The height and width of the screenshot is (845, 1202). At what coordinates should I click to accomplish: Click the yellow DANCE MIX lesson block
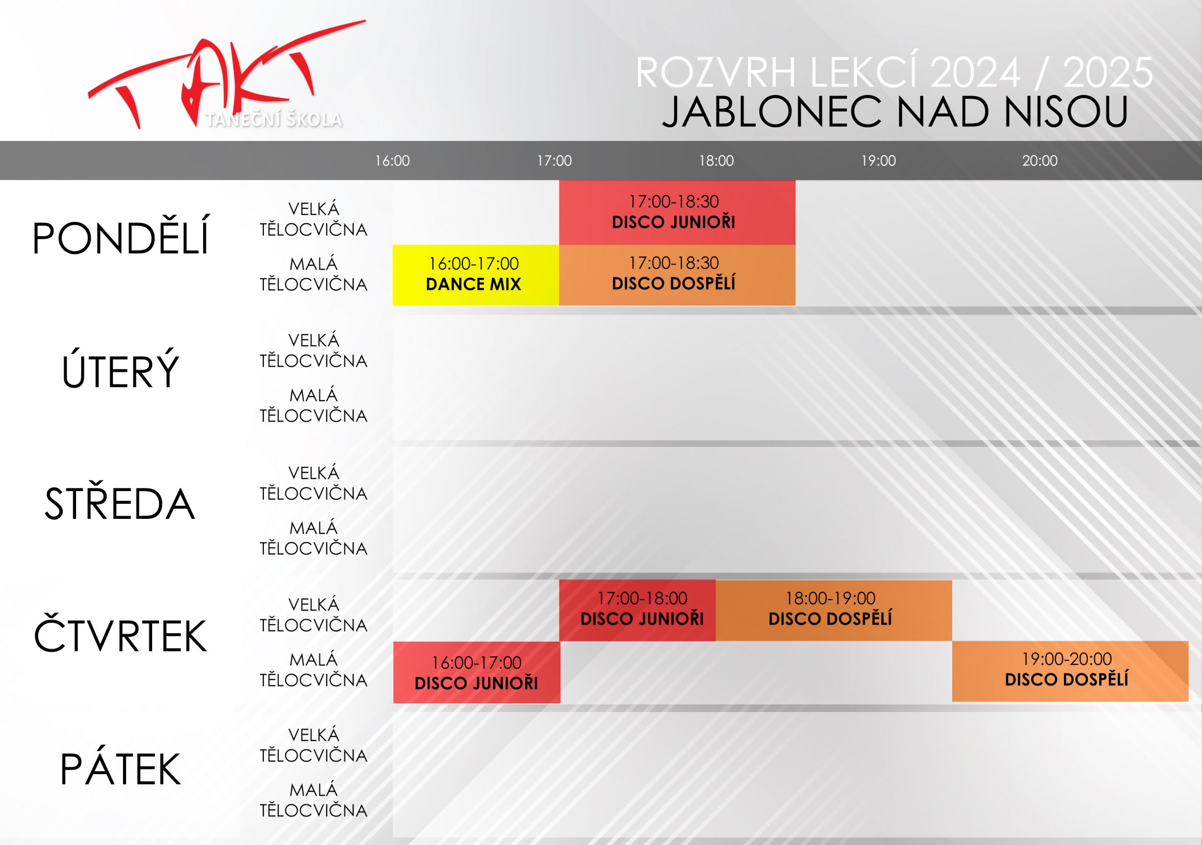(476, 275)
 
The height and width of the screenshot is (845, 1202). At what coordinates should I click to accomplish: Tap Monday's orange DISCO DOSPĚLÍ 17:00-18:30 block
(678, 275)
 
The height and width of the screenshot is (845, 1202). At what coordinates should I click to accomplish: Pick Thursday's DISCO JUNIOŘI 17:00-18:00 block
(638, 610)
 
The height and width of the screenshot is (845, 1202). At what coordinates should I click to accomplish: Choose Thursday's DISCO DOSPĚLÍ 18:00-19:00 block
(834, 610)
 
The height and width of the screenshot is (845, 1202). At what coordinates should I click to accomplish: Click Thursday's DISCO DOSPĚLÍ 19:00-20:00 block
(1071, 671)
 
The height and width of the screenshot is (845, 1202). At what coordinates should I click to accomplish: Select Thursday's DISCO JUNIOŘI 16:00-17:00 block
(477, 672)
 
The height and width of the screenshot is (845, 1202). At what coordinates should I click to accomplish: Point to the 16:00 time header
(392, 161)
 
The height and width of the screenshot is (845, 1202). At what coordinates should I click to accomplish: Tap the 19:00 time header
(878, 161)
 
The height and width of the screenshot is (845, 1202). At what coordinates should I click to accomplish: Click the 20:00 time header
(1040, 161)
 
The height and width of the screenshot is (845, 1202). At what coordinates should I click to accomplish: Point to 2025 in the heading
(1108, 72)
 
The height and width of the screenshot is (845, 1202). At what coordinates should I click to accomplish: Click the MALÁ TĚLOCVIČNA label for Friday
(314, 800)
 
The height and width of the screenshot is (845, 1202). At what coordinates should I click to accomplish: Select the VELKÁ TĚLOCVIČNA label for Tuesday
(314, 351)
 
